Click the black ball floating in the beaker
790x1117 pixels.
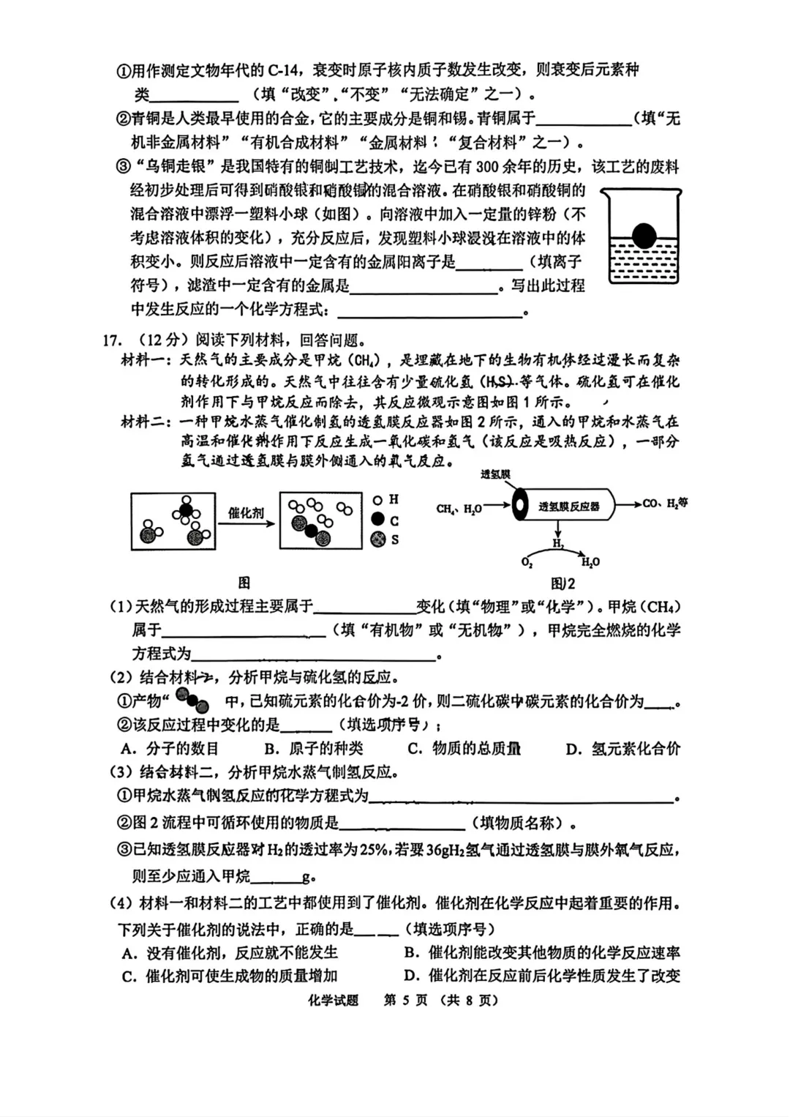tap(644, 235)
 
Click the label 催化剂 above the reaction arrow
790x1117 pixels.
tap(246, 512)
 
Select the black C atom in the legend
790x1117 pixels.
tap(378, 520)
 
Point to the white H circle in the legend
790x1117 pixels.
tap(378, 500)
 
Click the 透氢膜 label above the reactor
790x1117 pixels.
tap(495, 474)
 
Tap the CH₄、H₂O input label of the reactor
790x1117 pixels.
tap(459, 507)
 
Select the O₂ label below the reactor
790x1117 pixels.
tap(527, 561)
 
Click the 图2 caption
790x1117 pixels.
tap(563, 583)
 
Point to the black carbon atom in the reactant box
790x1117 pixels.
tap(186, 510)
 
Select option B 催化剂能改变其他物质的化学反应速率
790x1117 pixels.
tap(542, 952)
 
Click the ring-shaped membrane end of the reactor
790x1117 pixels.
tap(521, 506)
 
